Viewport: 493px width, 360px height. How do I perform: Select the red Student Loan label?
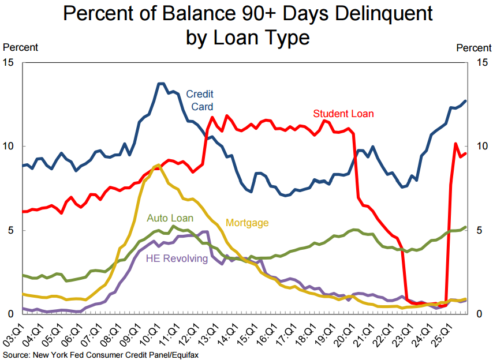coord(343,114)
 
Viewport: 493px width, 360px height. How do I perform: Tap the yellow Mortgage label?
coord(247,223)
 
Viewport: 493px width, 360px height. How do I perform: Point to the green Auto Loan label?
coord(170,218)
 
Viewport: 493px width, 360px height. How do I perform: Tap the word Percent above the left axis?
coord(21,47)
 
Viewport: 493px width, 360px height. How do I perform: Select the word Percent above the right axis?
coord(474,47)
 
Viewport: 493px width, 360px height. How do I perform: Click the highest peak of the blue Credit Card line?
coord(161,84)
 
